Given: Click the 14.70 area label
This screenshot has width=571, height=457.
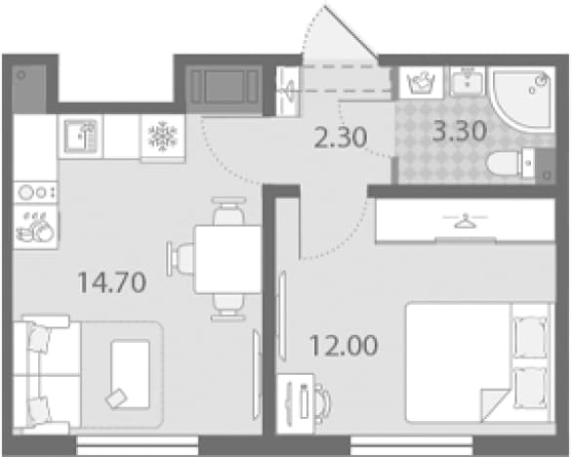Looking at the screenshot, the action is click(x=112, y=282).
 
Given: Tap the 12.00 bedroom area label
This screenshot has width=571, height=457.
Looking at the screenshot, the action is click(x=344, y=346).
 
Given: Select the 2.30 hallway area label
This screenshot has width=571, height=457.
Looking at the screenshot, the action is click(x=340, y=138).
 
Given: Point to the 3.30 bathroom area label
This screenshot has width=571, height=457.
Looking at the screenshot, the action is click(x=460, y=131).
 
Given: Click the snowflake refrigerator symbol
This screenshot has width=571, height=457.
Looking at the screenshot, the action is click(x=163, y=137).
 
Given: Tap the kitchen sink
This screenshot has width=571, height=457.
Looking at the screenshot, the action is click(x=81, y=137).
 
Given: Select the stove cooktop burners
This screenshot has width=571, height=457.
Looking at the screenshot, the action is click(x=35, y=192).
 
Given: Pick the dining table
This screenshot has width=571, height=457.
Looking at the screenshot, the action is click(x=228, y=260).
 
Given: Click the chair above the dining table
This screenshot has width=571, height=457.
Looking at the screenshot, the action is click(x=228, y=211).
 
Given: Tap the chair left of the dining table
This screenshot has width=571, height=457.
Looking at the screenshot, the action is click(x=181, y=259).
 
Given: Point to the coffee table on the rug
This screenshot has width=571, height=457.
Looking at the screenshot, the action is click(x=131, y=374).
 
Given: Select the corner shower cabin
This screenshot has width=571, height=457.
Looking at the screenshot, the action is click(x=521, y=98).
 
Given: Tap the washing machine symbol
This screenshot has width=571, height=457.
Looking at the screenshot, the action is click(x=422, y=83).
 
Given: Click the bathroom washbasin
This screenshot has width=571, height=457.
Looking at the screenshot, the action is click(x=468, y=81).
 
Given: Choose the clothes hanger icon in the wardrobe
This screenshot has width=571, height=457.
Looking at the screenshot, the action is click(x=465, y=221).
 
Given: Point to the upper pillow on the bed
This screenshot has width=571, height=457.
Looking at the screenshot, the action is click(x=530, y=336).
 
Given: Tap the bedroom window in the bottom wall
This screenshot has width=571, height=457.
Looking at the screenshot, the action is click(x=412, y=445).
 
